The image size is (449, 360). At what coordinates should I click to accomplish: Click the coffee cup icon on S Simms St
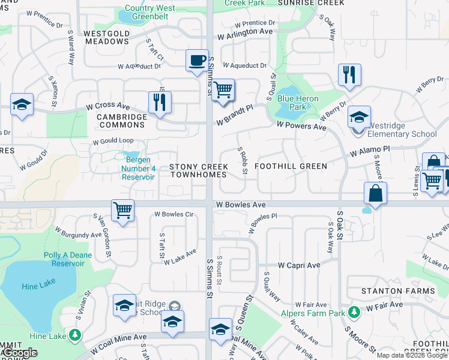click(x=197, y=61)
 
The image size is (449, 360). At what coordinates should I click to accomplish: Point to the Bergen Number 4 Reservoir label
click(x=139, y=169)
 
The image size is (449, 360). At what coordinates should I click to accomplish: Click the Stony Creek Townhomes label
click(x=198, y=170)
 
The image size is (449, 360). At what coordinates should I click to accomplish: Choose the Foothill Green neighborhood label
click(x=291, y=166)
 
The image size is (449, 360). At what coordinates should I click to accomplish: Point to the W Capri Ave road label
click(x=299, y=265)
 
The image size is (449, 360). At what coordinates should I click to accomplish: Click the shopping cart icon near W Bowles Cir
click(x=122, y=210)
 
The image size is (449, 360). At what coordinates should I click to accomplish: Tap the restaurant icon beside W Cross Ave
click(x=160, y=102)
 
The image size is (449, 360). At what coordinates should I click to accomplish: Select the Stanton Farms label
click(x=398, y=291)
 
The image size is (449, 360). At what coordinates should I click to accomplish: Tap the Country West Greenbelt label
click(x=147, y=13)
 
